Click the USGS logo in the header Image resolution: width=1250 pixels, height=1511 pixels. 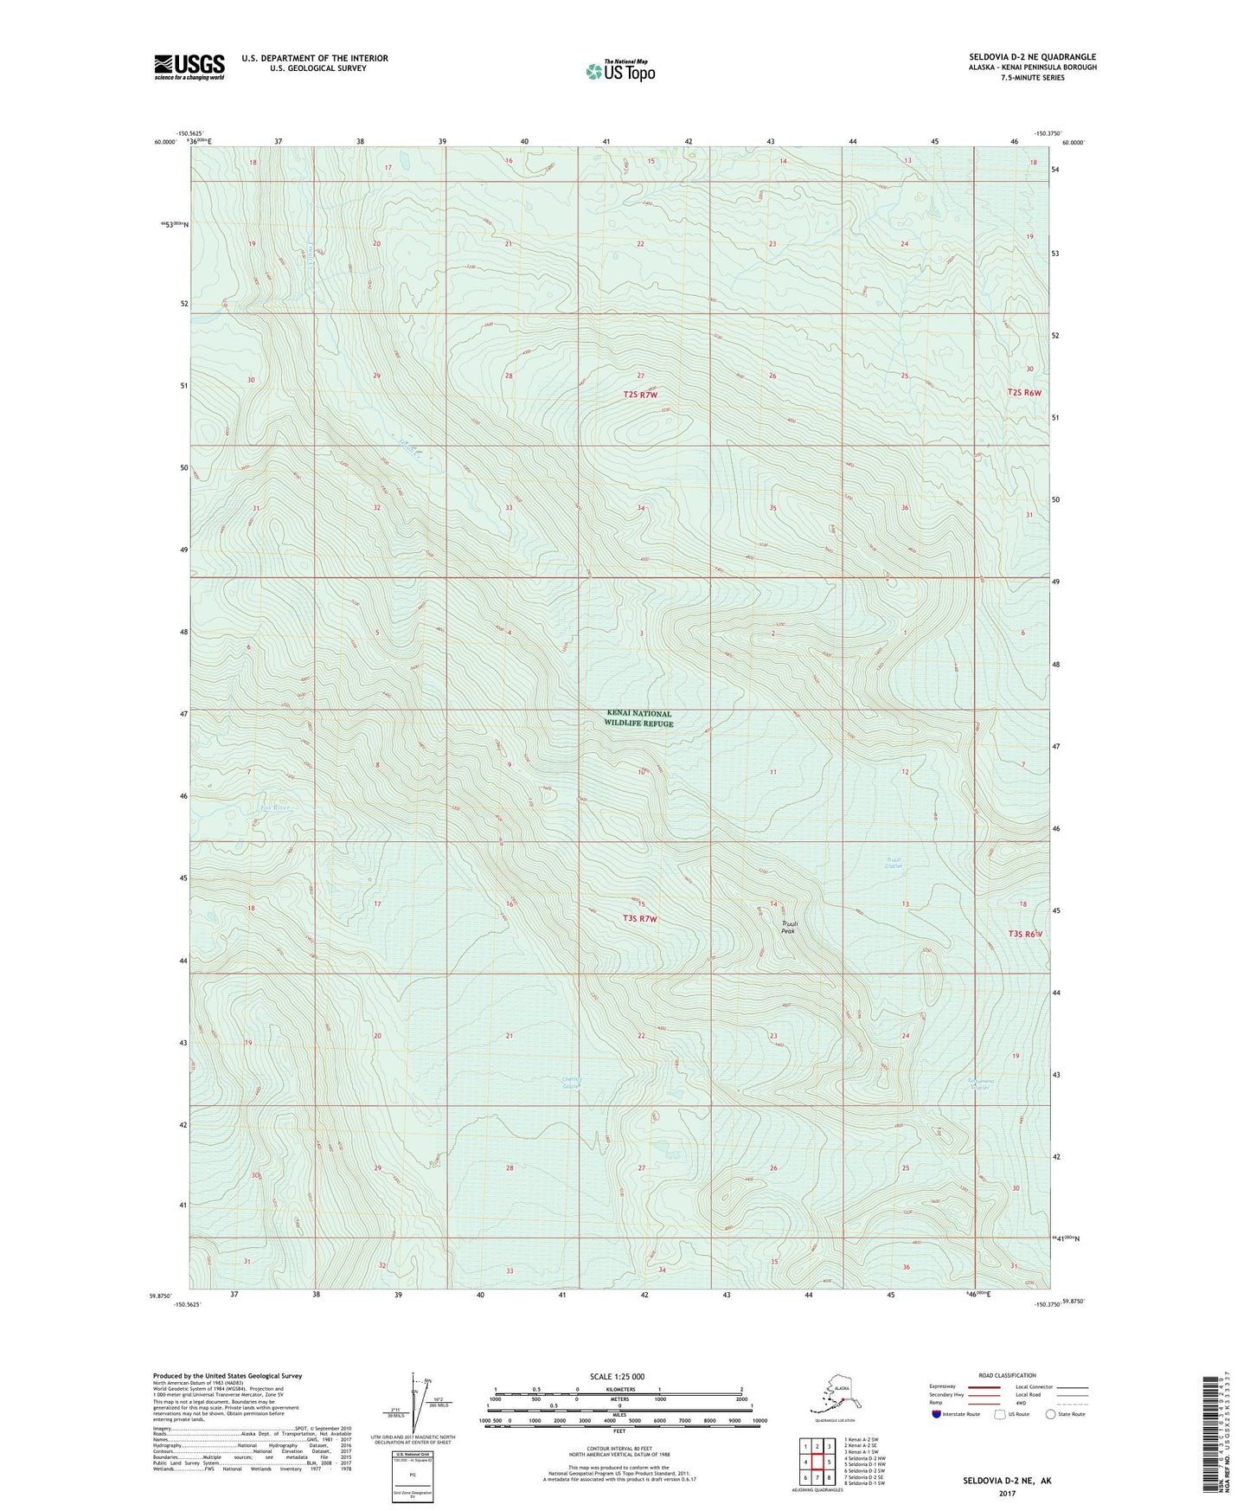[189, 67]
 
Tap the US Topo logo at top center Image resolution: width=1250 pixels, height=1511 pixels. [619, 70]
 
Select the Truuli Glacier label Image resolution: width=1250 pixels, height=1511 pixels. [894, 862]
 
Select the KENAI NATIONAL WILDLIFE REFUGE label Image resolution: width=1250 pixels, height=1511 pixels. [638, 718]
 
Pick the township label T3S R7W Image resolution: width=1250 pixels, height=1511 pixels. [636, 918]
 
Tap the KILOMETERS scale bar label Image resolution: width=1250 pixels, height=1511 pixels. [619, 1390]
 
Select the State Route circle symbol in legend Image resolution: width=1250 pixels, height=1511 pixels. [1051, 1414]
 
